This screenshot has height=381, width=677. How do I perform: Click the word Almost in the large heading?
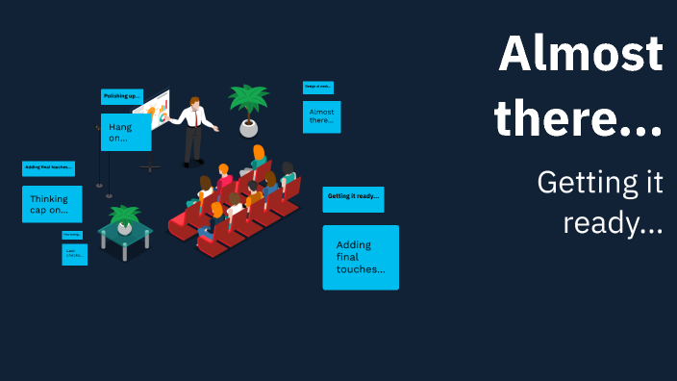580,54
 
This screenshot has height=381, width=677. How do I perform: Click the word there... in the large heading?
579,118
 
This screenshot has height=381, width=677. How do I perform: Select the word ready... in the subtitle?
613,224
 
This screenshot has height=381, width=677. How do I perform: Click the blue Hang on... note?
125,132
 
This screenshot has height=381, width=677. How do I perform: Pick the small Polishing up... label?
122,96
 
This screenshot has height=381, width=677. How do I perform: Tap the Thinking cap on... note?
52,204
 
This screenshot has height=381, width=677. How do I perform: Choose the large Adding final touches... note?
361,257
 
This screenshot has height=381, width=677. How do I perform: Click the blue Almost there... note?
321,117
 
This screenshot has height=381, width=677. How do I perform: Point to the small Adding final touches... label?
48,168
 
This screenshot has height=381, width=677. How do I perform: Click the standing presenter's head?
196,103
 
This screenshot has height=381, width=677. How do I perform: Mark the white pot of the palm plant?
249,128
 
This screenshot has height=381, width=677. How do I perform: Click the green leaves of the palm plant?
248,99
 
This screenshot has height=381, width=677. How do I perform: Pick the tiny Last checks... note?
74,254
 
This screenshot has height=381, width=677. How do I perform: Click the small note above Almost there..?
317,87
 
